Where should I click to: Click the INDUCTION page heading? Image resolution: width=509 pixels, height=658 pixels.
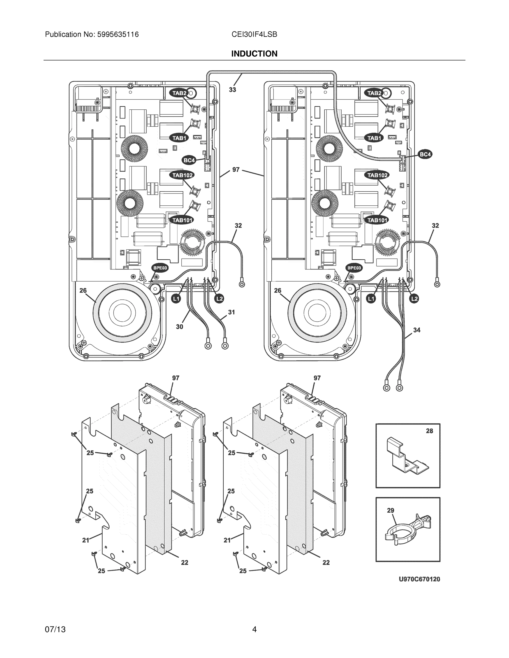click(254, 54)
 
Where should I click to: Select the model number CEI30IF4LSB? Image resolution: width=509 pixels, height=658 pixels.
click(254, 34)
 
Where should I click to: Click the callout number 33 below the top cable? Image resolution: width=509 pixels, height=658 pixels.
click(232, 90)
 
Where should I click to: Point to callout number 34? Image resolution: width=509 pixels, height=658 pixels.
click(417, 330)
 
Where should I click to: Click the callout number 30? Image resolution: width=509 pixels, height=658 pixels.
click(179, 327)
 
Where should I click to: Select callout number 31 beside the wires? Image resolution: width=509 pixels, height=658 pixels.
click(231, 312)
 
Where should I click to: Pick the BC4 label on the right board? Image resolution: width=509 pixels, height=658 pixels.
click(425, 155)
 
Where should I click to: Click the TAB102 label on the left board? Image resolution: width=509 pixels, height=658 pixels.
click(182, 175)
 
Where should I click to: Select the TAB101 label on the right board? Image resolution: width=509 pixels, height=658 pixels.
click(377, 220)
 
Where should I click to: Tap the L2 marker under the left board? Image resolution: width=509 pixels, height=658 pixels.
click(219, 299)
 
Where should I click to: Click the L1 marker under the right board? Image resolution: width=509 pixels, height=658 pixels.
click(371, 299)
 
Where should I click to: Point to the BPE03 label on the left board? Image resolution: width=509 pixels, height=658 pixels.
click(160, 268)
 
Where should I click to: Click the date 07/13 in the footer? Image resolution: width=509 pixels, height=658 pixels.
click(55, 629)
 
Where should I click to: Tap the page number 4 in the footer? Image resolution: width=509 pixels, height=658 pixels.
click(254, 629)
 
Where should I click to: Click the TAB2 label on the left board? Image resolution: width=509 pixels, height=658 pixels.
click(179, 93)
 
